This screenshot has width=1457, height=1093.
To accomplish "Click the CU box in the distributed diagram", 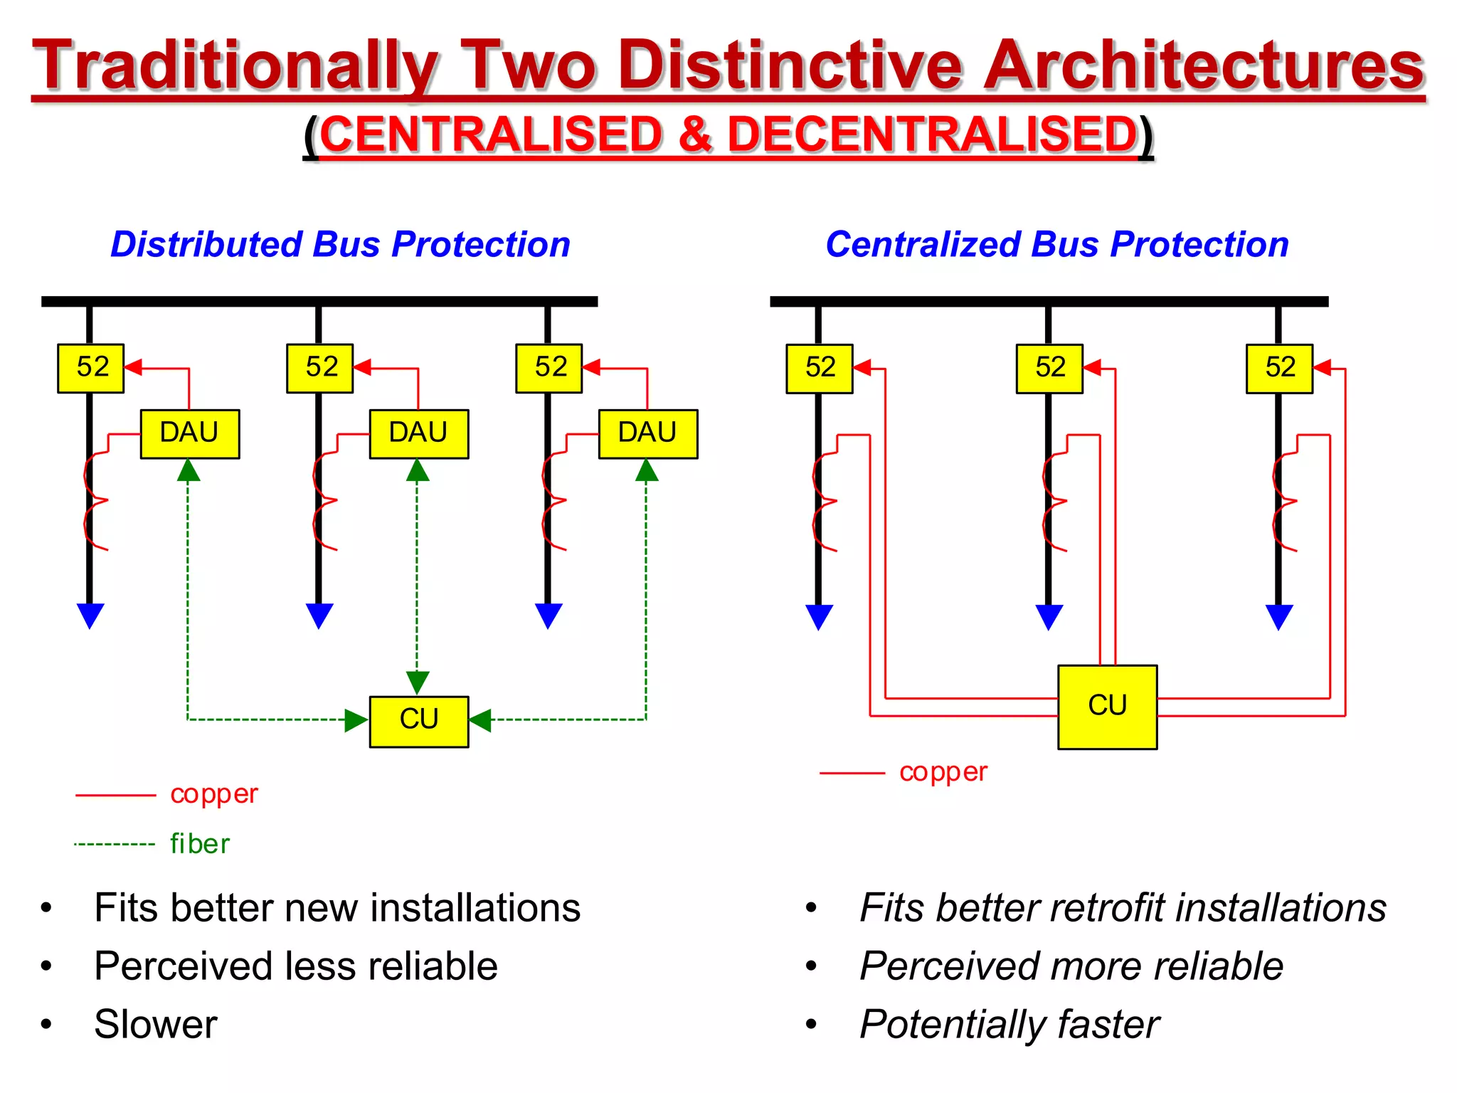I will tap(419, 721).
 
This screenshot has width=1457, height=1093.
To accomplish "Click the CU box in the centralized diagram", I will tap(1107, 707).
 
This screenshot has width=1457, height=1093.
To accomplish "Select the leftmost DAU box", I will tap(189, 433).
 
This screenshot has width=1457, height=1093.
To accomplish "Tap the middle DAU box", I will tap(418, 433).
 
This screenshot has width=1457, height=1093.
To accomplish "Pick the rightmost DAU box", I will tap(647, 433).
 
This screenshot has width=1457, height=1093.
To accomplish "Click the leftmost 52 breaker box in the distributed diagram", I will tap(91, 368).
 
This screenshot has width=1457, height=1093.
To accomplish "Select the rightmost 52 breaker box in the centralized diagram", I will tap(1279, 368).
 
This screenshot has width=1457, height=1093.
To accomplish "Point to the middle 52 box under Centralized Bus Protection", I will tap(1049, 368).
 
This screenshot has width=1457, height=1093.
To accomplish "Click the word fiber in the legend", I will tap(200, 844).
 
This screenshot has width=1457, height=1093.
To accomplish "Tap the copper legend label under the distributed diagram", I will tap(214, 794).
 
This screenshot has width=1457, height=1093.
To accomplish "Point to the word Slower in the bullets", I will tap(156, 1025).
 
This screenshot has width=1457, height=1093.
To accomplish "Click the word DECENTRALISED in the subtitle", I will tap(933, 134).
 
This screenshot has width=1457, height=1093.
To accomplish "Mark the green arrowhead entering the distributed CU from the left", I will tap(356, 720).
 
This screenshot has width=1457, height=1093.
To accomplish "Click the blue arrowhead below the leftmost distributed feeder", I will tap(90, 615).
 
